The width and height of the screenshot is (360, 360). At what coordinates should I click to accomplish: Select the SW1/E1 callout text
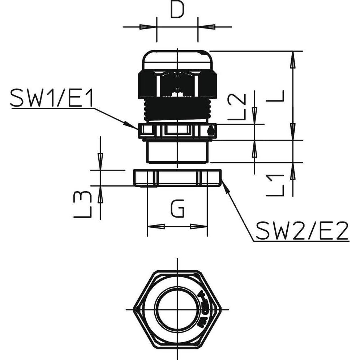52,98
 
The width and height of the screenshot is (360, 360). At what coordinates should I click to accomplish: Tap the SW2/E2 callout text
302,231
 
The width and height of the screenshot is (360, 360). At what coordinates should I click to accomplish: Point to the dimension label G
177,210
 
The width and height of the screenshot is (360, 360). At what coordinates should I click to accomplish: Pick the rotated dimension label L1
275,185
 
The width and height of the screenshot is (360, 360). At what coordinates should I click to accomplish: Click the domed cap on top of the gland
177,60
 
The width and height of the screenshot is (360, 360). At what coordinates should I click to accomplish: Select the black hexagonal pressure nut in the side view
177,84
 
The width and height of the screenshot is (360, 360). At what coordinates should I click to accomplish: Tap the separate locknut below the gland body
177,178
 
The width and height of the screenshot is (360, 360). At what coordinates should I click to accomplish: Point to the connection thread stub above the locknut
177,152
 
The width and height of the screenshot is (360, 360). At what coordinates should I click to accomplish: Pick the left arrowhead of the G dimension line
155,227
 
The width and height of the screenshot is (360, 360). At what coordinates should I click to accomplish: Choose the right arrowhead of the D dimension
207,27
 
